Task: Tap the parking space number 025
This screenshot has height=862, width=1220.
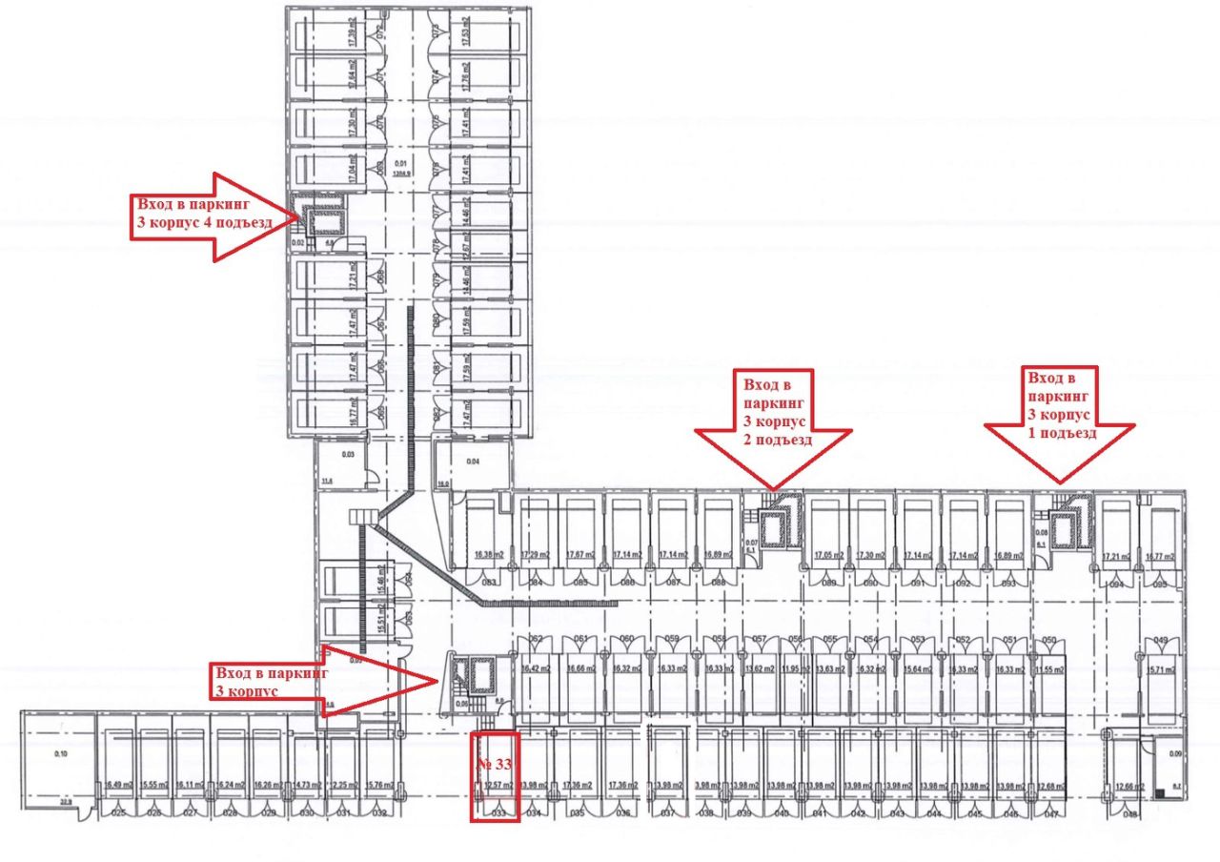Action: click(x=119, y=813)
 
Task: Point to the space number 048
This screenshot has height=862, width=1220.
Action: click(x=1130, y=813)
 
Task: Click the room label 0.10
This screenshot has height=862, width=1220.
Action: click(x=62, y=754)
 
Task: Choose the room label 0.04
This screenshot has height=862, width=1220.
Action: click(x=472, y=462)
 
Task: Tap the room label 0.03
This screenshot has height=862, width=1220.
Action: click(x=349, y=455)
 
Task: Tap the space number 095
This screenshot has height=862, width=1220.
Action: click(x=1161, y=582)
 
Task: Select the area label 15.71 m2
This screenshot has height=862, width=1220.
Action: click(x=1160, y=669)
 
